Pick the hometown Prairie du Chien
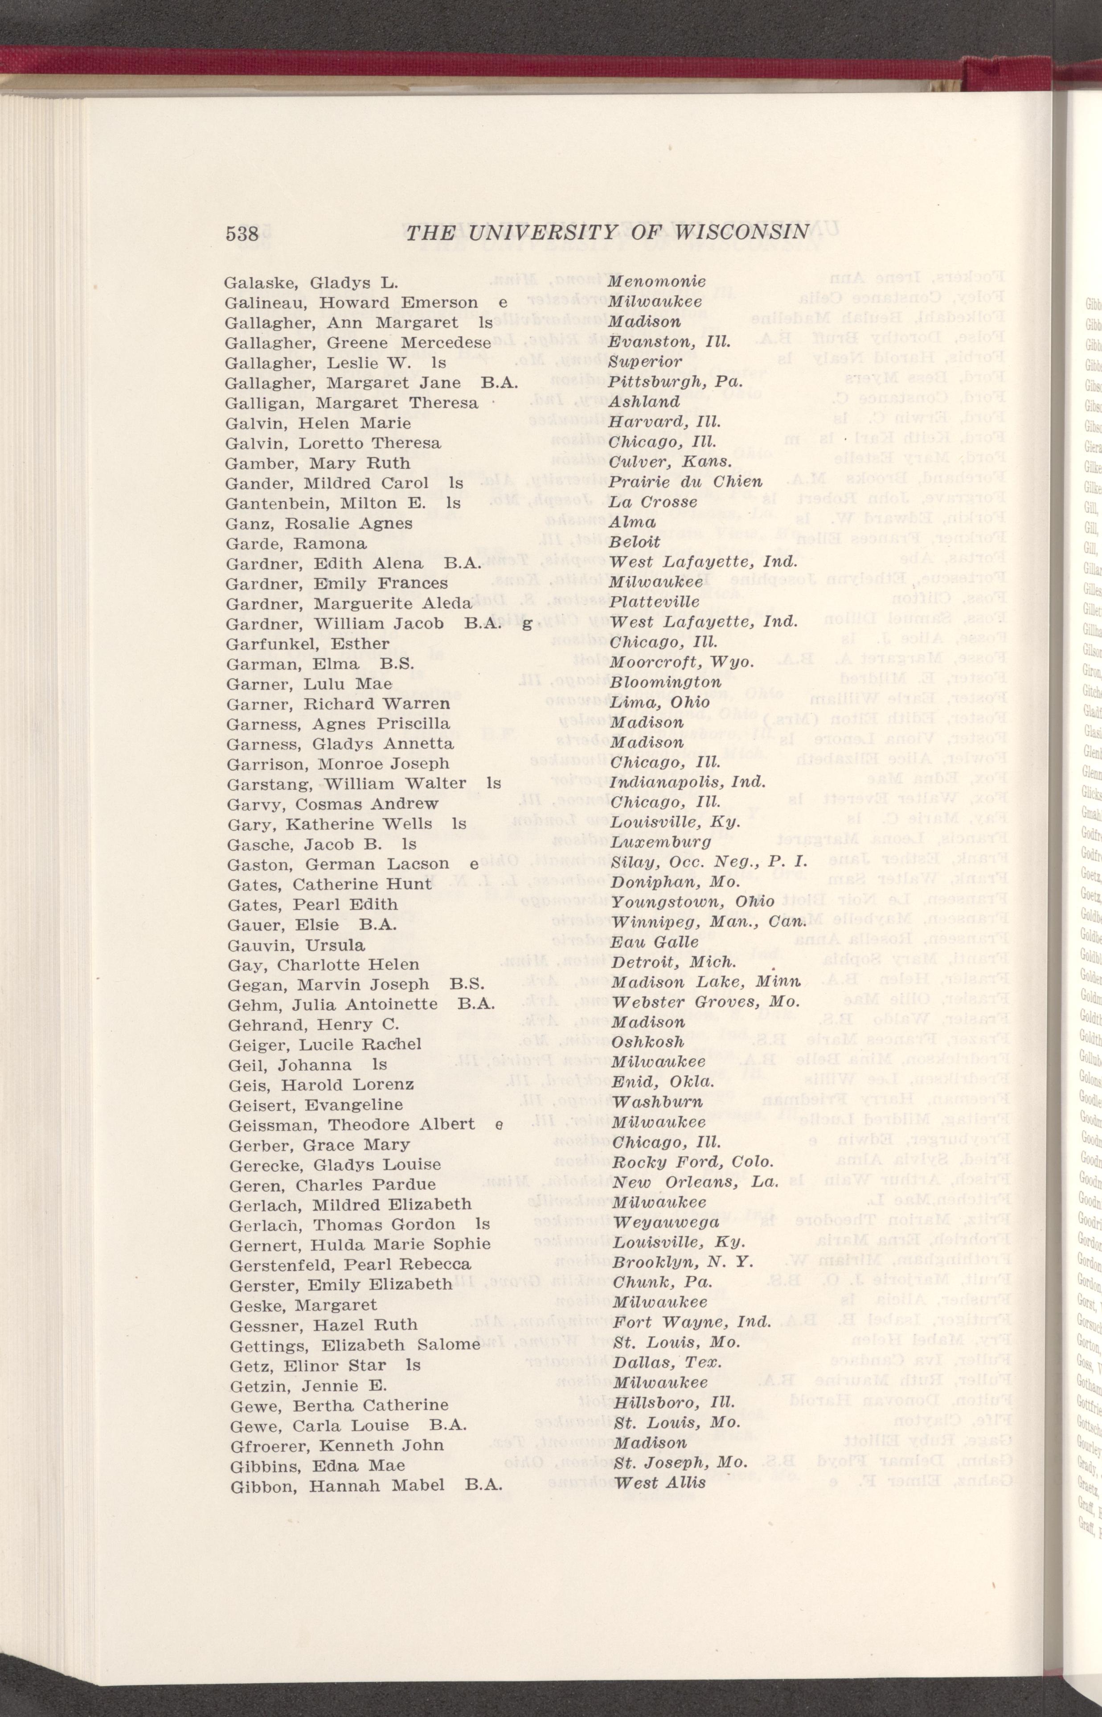pyautogui.click(x=685, y=481)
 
